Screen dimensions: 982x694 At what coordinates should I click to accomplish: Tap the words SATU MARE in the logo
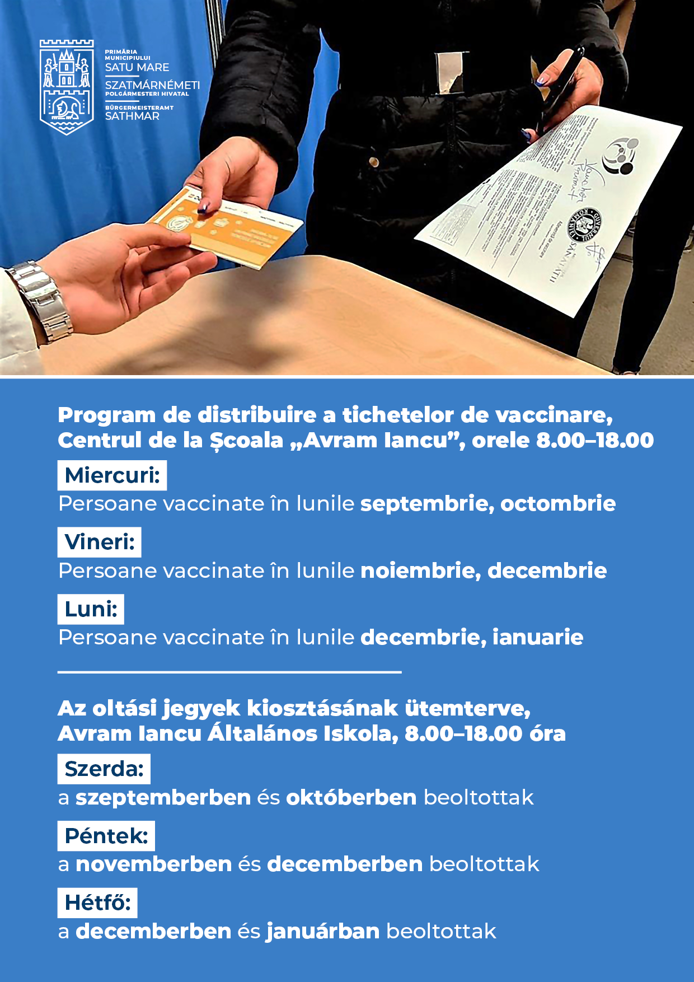pyautogui.click(x=137, y=68)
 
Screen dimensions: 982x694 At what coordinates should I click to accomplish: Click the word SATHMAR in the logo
pyautogui.click(x=132, y=116)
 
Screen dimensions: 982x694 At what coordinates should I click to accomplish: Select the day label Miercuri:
pyautogui.click(x=112, y=475)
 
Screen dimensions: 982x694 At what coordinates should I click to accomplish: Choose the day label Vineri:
pyautogui.click(x=100, y=542)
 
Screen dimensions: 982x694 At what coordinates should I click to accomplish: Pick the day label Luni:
pyautogui.click(x=91, y=609)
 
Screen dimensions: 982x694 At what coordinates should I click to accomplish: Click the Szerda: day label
pyautogui.click(x=104, y=769)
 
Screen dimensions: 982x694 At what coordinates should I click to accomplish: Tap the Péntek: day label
pyautogui.click(x=106, y=836)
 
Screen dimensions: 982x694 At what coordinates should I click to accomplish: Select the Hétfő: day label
pyautogui.click(x=97, y=902)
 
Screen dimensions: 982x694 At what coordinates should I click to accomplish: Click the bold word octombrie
pyautogui.click(x=558, y=503)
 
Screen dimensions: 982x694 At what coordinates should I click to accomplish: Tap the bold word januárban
pyautogui.click(x=323, y=931)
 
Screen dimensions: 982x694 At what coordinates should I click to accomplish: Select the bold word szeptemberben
pyautogui.click(x=163, y=797)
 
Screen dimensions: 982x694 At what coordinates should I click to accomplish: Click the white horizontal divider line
pyautogui.click(x=229, y=672)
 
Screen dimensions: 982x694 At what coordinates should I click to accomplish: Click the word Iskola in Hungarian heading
pyautogui.click(x=359, y=733)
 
